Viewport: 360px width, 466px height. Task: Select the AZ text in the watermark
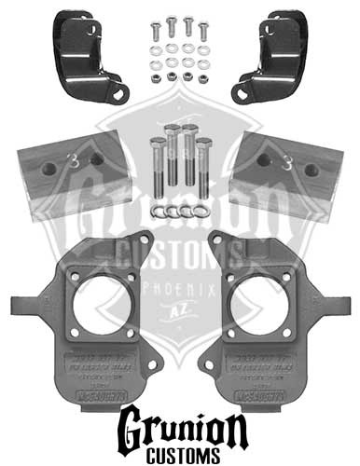tap(180, 315)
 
